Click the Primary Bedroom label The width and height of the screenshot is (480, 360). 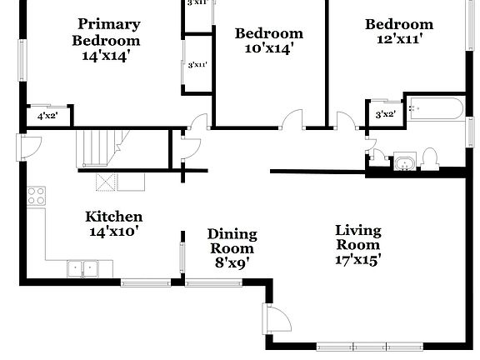pyautogui.click(x=108, y=32)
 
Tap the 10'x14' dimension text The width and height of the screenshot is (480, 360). pyautogui.click(x=268, y=49)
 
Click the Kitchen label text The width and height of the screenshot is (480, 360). pyautogui.click(x=114, y=217)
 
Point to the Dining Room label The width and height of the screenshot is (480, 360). pyautogui.click(x=232, y=241)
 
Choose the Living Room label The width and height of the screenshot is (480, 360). pyautogui.click(x=357, y=237)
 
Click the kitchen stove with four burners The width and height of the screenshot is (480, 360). pyautogui.click(x=37, y=197)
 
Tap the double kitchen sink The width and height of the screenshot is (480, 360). pyautogui.click(x=83, y=268)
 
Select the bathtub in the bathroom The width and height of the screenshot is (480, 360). pyautogui.click(x=435, y=111)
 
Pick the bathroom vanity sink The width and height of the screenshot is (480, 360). pyautogui.click(x=404, y=162)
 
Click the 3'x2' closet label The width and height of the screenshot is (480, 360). pyautogui.click(x=385, y=114)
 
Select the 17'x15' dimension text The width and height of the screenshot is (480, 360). pyautogui.click(x=357, y=259)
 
